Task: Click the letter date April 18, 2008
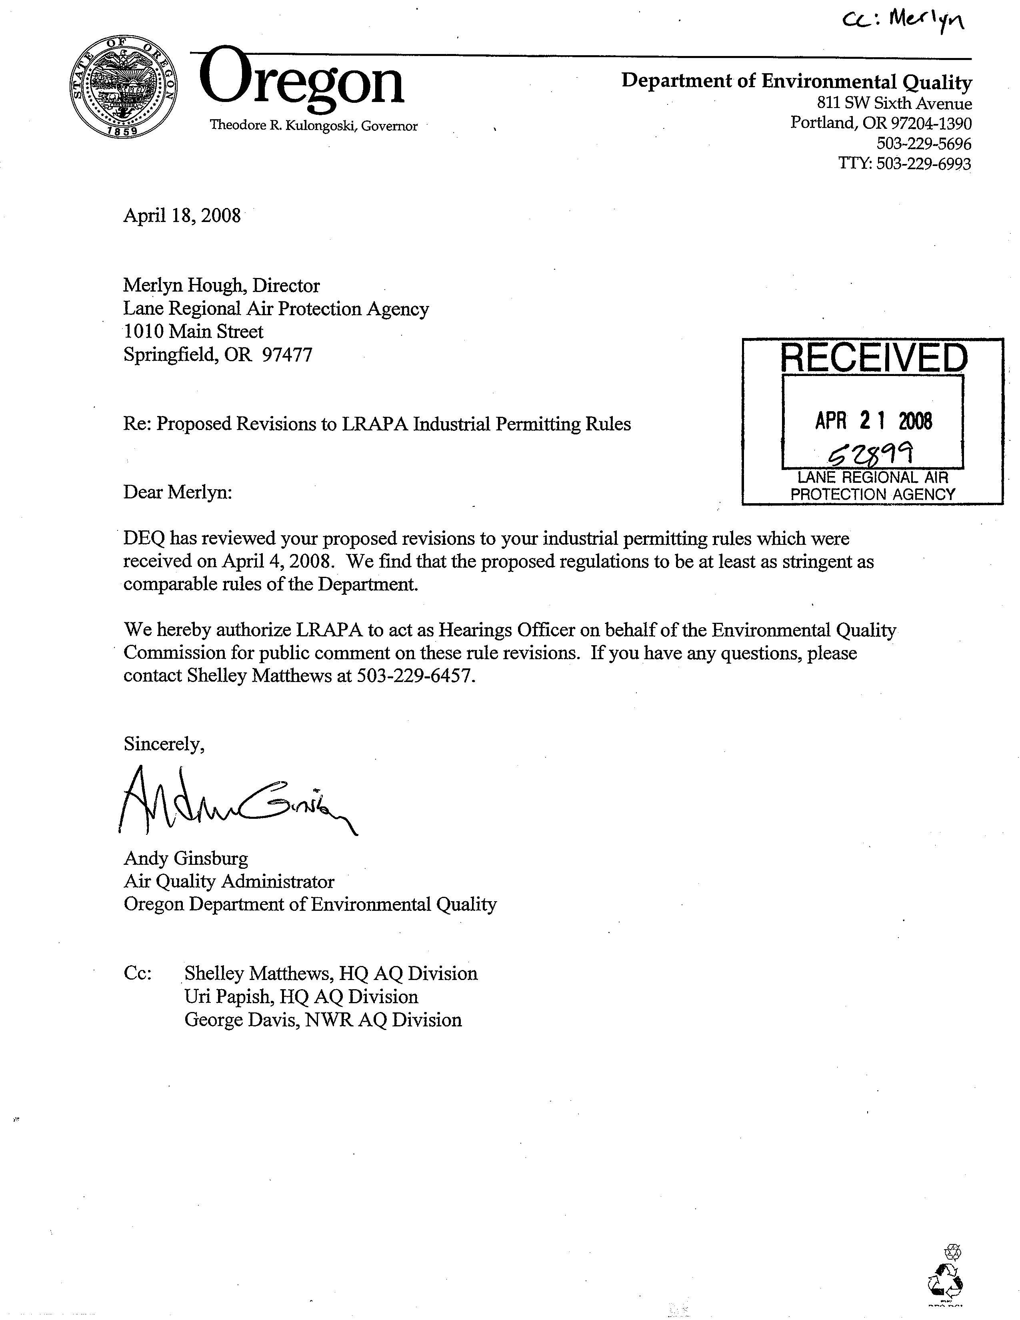pyautogui.click(x=182, y=215)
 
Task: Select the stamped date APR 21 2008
pyautogui.click(x=873, y=421)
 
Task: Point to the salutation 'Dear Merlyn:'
pyautogui.click(x=178, y=492)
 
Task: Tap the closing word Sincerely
pyautogui.click(x=164, y=744)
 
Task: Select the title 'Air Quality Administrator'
pyautogui.click(x=229, y=882)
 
